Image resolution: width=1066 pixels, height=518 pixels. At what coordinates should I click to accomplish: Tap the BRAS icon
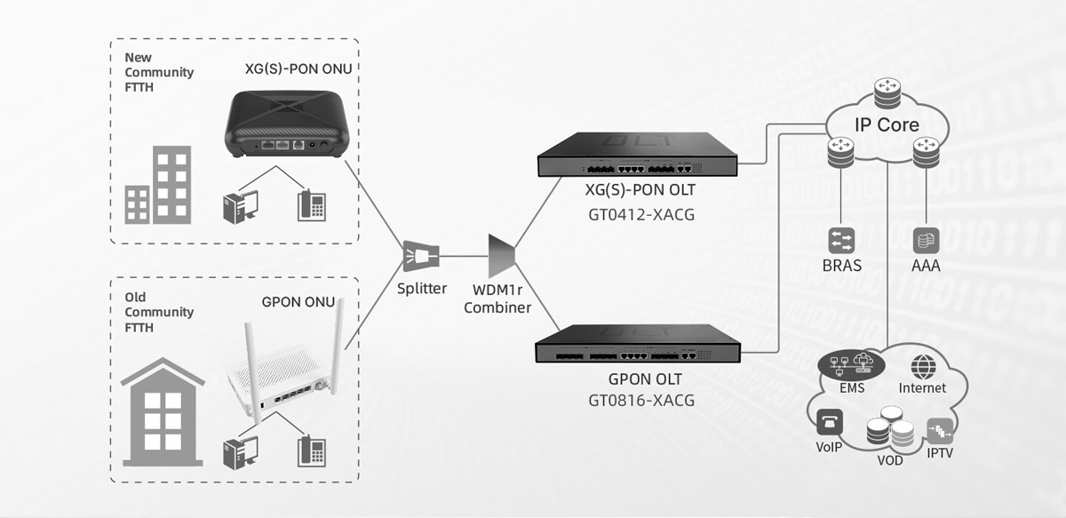pyautogui.click(x=841, y=240)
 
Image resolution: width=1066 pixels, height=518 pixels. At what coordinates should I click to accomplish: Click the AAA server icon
pyautogui.click(x=927, y=240)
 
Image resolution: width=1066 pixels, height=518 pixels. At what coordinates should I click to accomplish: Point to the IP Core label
pyautogui.click(x=886, y=124)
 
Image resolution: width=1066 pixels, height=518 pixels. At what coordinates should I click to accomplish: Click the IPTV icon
pyautogui.click(x=940, y=431)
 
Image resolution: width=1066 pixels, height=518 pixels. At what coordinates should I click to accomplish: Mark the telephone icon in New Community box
pyautogui.click(x=311, y=205)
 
